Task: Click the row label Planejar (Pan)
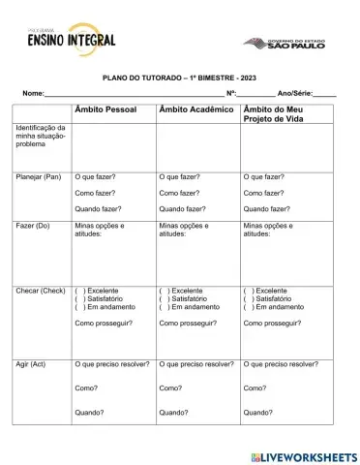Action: click(39, 177)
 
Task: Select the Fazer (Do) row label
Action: click(33, 225)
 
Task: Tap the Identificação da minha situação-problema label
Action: click(41, 136)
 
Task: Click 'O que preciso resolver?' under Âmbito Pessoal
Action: click(112, 363)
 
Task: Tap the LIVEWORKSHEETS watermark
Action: click(302, 455)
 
